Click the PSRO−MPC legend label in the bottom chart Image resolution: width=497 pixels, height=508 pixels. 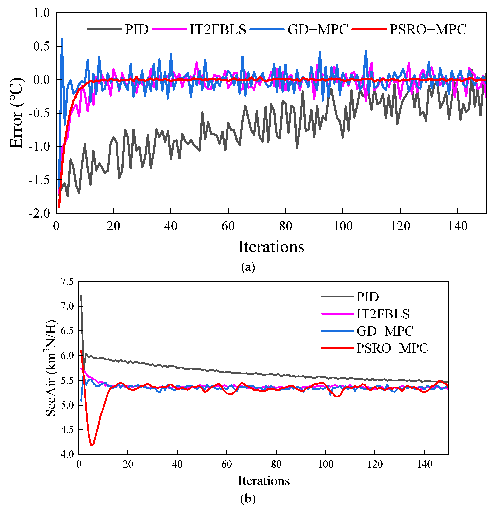pyautogui.click(x=392, y=348)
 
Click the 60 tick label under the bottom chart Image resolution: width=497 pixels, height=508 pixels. pyautogui.click(x=227, y=464)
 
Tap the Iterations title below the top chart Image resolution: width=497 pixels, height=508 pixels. pyautogui.click(x=271, y=247)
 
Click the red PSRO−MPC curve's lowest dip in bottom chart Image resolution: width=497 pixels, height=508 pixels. pyautogui.click(x=91, y=445)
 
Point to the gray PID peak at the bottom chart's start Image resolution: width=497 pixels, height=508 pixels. pyautogui.click(x=81, y=295)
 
